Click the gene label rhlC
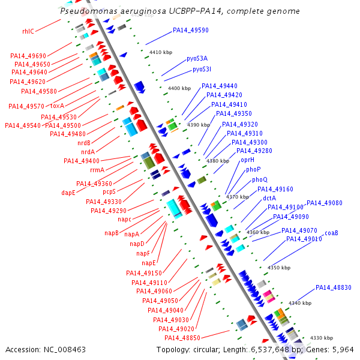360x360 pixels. pyautogui.click(x=28, y=31)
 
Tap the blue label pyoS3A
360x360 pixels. pyautogui.click(x=197, y=58)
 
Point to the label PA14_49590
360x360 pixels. pyautogui.click(x=191, y=30)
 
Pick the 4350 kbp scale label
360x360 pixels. pyautogui.click(x=278, y=268)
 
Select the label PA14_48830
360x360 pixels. pyautogui.click(x=334, y=287)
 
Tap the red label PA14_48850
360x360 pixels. pyautogui.click(x=182, y=338)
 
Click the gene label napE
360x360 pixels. pyautogui.click(x=149, y=263)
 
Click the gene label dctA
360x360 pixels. pyautogui.click(x=269, y=197)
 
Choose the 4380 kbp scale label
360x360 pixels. pyautogui.click(x=218, y=161)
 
